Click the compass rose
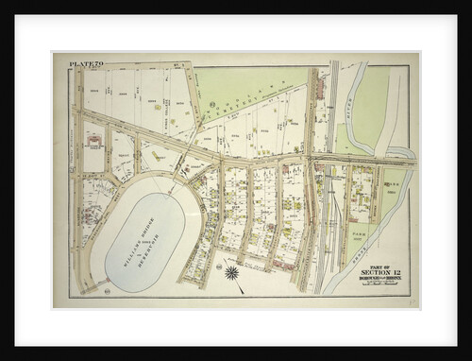pos(231,274)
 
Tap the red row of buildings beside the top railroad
pos(320,91)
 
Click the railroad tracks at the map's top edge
pos(333,68)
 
